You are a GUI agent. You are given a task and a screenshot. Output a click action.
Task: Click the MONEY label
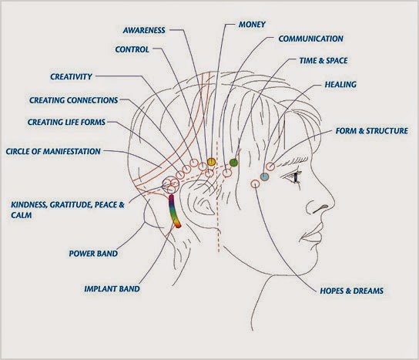pyautogui.click(x=252, y=25)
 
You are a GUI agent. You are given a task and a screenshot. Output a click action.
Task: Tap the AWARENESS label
pyautogui.click(x=144, y=30)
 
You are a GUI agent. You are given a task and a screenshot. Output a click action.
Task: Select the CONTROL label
pyautogui.click(x=132, y=49)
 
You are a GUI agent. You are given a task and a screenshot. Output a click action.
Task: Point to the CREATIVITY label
pyautogui.click(x=71, y=77)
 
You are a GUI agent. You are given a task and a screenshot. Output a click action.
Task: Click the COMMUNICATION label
pyautogui.click(x=310, y=39)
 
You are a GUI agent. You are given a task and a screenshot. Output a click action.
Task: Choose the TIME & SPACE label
pyautogui.click(x=323, y=61)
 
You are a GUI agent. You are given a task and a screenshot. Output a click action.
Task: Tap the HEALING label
pyautogui.click(x=340, y=85)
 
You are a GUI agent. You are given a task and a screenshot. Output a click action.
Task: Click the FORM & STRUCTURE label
pyautogui.click(x=372, y=131)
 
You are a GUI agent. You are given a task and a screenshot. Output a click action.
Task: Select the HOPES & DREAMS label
pyautogui.click(x=352, y=291)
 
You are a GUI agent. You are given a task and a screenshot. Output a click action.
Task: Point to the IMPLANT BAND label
pyautogui.click(x=112, y=289)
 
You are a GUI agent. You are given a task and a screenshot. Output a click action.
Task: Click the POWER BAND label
pyautogui.click(x=93, y=254)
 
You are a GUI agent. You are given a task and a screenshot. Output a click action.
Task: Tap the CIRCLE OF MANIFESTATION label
pyautogui.click(x=53, y=151)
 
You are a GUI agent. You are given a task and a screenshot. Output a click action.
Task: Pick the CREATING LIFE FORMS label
pyautogui.click(x=66, y=123)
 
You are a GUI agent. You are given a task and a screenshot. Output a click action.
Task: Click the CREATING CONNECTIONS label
pyautogui.click(x=73, y=100)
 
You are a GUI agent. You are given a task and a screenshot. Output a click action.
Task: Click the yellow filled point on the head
pyautogui.click(x=211, y=162)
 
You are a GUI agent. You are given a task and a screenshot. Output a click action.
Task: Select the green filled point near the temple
pyautogui.click(x=233, y=163)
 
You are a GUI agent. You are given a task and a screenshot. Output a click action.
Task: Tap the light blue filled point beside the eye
pyautogui.click(x=264, y=177)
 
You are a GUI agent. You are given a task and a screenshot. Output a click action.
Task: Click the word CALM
pyautogui.click(x=22, y=215)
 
